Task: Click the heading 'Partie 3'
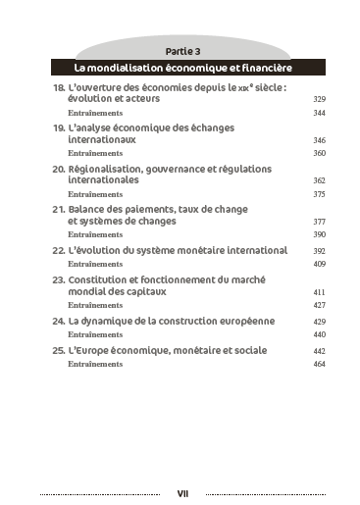183,51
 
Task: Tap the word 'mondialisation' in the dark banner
132,68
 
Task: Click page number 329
319,100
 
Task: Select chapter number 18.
58,88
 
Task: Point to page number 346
319,140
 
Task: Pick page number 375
319,194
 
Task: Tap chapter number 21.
58,210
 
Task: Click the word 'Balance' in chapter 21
90,210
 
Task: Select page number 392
319,251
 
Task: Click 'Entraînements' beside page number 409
95,264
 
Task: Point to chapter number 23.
58,280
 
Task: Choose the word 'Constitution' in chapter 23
104,280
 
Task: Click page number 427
319,305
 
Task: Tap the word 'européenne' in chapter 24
248,321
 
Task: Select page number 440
319,334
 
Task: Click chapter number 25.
58,350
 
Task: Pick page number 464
319,364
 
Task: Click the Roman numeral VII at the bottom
182,493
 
